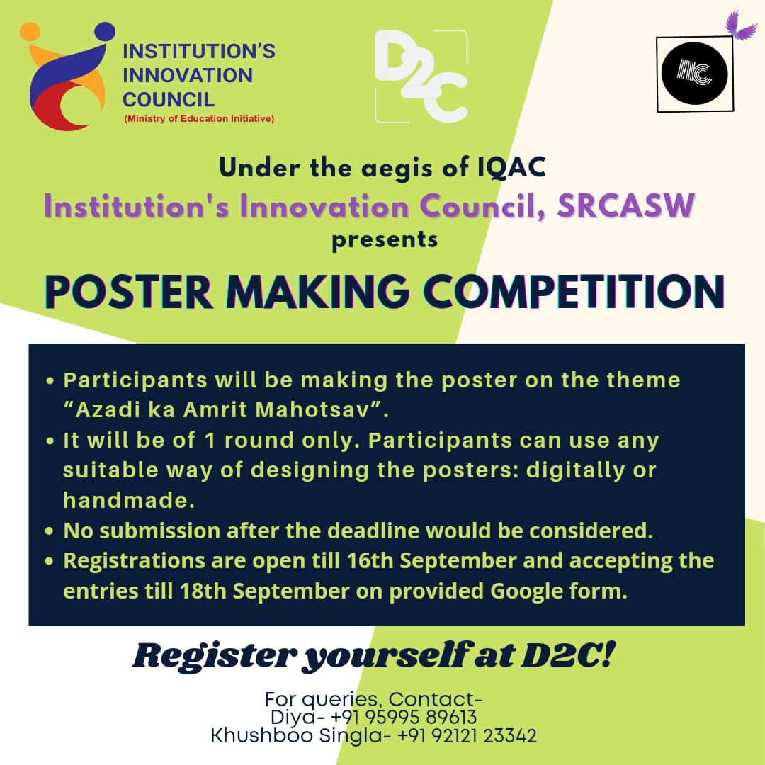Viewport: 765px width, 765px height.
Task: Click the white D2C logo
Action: (x=421, y=76)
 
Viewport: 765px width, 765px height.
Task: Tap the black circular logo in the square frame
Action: (x=694, y=74)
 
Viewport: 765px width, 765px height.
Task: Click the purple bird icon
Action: (x=739, y=26)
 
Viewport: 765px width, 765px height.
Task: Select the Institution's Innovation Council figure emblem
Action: (x=67, y=76)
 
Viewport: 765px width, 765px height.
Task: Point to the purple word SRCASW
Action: (x=626, y=206)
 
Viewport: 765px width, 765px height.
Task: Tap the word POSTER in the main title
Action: (x=129, y=292)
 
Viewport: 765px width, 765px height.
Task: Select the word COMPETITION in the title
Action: (x=574, y=292)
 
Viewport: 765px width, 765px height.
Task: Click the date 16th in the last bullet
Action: (x=370, y=560)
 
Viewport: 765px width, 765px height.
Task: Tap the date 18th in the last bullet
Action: (x=203, y=591)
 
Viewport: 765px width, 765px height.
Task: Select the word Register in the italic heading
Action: (x=215, y=656)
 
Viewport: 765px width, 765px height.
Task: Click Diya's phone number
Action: (x=404, y=717)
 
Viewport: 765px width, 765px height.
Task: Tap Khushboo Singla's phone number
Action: (x=467, y=736)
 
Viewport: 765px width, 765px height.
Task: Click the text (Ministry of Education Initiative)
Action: (x=199, y=118)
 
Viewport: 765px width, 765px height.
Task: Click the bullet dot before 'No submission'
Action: (x=50, y=531)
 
